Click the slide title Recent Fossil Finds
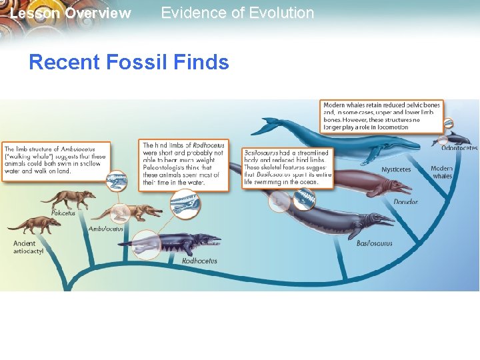129,63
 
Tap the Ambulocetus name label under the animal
106,229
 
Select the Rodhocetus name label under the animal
199,261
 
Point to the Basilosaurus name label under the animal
374,243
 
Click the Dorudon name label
405,202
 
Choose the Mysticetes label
396,170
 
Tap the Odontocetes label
459,149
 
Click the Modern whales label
441,173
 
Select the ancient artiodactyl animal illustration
33,225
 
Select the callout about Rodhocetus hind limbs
184,164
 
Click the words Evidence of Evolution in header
237,13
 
